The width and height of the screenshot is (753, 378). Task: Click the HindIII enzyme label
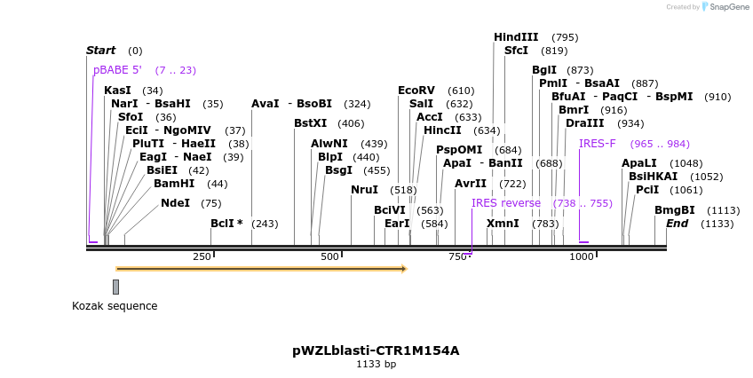click(x=516, y=37)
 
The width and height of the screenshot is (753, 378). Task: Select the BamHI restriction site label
click(x=174, y=184)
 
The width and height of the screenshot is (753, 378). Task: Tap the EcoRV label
click(x=416, y=91)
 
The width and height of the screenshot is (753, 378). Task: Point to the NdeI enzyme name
click(x=175, y=203)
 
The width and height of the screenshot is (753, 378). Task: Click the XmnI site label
click(x=503, y=224)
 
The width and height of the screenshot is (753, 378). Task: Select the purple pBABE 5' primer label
click(x=117, y=70)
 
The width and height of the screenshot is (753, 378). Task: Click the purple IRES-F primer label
click(x=597, y=144)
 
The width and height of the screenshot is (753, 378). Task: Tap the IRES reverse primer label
click(x=506, y=203)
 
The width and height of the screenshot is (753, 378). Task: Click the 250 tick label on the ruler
click(x=202, y=256)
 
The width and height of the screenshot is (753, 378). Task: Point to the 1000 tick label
click(x=582, y=256)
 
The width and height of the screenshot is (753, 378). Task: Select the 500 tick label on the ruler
click(x=330, y=256)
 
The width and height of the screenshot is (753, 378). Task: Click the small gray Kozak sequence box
click(x=115, y=287)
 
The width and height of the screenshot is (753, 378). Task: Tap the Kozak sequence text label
click(x=115, y=306)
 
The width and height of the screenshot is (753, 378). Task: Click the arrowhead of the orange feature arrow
click(x=402, y=268)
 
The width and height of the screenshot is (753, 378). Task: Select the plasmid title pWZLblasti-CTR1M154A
click(x=376, y=350)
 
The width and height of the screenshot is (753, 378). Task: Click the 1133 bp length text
click(x=376, y=364)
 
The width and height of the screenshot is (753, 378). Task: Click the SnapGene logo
click(x=725, y=7)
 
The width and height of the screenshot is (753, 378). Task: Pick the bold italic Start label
click(x=100, y=51)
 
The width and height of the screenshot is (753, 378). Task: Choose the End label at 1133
click(x=678, y=224)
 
